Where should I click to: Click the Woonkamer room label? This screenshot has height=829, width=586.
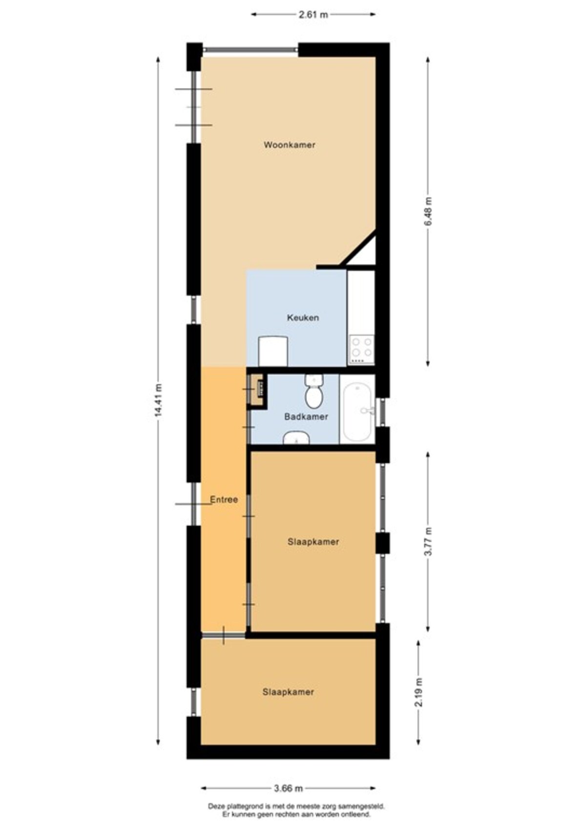(x=289, y=145)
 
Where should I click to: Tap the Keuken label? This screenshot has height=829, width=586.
(x=303, y=318)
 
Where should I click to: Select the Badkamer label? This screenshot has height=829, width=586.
(x=306, y=417)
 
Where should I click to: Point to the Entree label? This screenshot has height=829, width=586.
(x=224, y=500)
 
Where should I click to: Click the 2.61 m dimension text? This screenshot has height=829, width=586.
(x=313, y=15)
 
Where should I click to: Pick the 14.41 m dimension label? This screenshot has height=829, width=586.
(x=159, y=400)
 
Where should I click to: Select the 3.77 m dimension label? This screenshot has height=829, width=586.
(x=428, y=541)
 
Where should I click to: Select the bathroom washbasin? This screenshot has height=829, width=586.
(x=296, y=437)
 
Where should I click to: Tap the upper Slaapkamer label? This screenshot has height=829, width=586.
(x=313, y=542)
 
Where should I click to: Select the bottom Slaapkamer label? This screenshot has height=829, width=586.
(x=288, y=692)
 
